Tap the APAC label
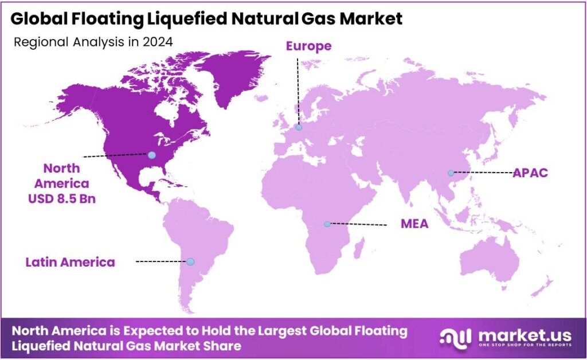(530, 173)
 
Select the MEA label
(414, 224)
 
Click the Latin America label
(70, 262)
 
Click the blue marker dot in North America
(151, 155)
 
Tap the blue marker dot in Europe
(299, 127)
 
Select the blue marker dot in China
(451, 173)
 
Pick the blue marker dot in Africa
(327, 224)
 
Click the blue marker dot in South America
(190, 261)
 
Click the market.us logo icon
(455, 337)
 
